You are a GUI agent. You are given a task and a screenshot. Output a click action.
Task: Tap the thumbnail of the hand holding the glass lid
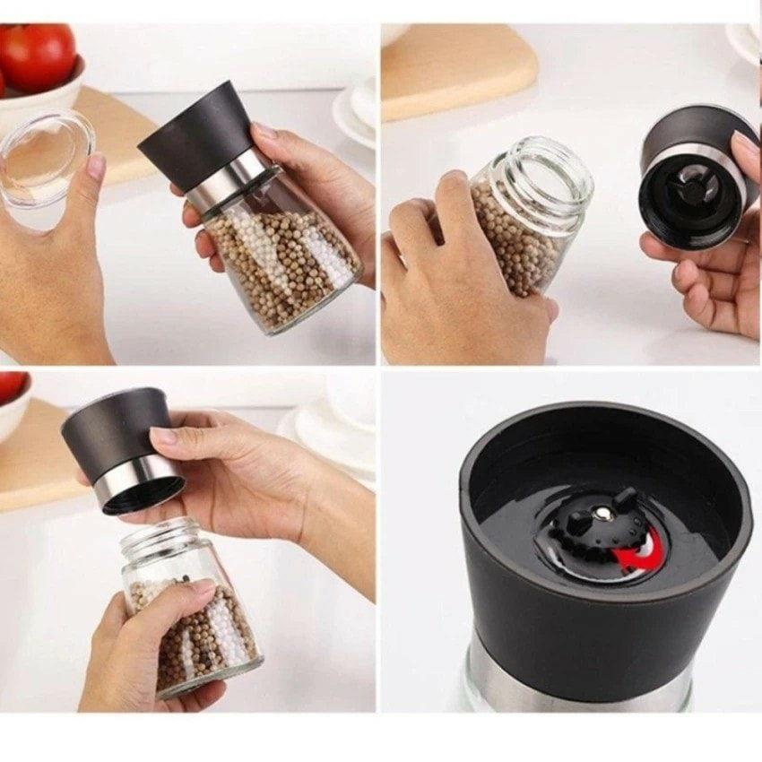(96, 166)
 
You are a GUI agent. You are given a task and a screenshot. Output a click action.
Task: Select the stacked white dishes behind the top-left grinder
(355, 112)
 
